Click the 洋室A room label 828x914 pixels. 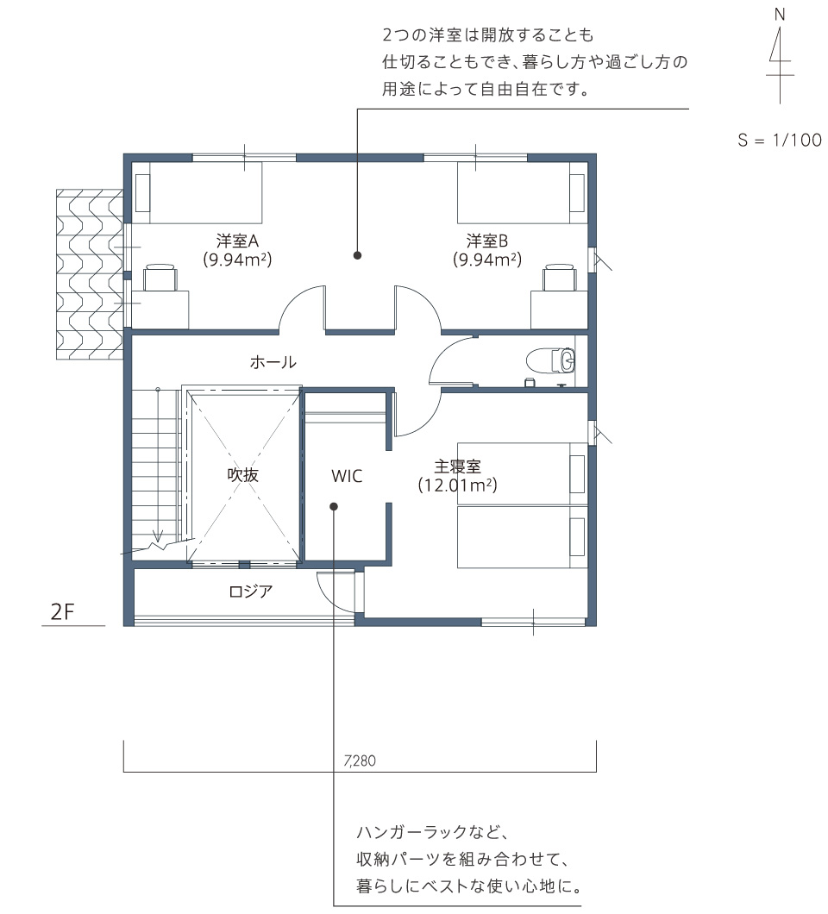point(237,241)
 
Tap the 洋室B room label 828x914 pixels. point(487,241)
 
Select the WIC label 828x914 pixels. point(347,476)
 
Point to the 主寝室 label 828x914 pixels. point(458,466)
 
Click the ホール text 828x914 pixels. point(273,362)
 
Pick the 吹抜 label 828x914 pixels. point(242,475)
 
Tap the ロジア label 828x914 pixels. point(251,592)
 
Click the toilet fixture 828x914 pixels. point(550,360)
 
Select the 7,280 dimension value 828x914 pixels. point(360,761)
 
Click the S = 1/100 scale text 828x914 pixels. point(780,140)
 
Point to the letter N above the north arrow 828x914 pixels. point(780,15)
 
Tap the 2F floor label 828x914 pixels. point(62,612)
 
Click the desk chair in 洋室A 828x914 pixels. point(160,278)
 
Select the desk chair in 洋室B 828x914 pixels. point(560,278)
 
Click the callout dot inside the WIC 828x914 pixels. point(334,506)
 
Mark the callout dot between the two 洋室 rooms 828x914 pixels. point(357,255)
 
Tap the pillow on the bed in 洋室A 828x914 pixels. point(143,193)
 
